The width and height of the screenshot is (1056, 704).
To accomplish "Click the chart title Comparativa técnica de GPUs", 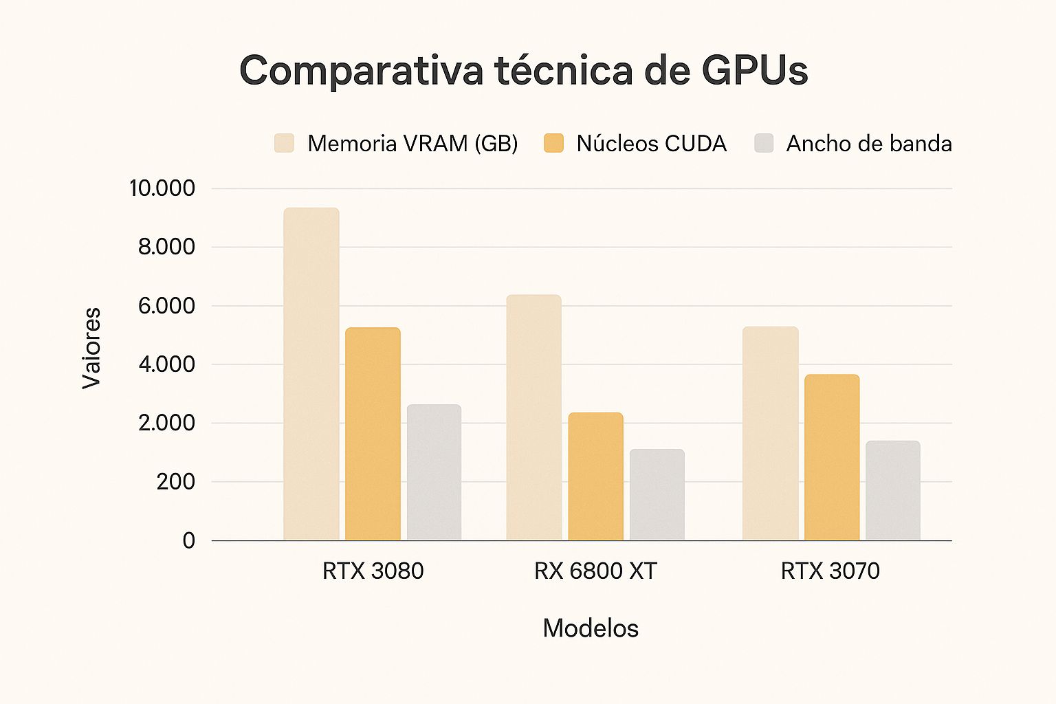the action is tap(524, 70).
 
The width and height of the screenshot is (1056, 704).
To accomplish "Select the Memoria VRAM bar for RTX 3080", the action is tap(311, 374).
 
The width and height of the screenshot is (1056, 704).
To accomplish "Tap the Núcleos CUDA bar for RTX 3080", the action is tap(373, 434).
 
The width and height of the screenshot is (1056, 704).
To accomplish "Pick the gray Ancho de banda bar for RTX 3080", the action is tap(434, 472).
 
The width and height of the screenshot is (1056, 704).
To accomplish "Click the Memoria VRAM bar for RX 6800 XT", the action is tap(534, 417).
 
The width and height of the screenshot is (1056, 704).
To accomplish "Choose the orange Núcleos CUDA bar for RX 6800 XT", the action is tap(596, 476).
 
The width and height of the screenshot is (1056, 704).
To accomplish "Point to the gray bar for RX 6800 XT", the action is tap(657, 494).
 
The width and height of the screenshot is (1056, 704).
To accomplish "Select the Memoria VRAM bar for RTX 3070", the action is tap(770, 433).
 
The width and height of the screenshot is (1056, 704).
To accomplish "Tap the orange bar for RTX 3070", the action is tap(832, 457).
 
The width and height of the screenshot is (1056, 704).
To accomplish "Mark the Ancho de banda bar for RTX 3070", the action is tap(893, 490).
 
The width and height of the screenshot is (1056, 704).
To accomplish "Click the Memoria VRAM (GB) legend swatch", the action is tap(284, 143).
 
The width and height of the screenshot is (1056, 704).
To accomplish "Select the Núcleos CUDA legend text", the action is tap(652, 144).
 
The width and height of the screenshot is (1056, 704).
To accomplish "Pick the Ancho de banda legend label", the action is tap(869, 144).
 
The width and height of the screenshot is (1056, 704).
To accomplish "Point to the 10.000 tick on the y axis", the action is tap(162, 188).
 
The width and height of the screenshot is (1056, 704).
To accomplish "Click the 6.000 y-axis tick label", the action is tap(166, 306).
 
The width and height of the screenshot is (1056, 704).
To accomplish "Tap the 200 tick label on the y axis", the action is tap(175, 482).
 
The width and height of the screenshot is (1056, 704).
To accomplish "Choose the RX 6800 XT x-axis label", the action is tap(595, 571).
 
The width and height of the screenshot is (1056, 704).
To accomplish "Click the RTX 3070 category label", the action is tap(830, 571).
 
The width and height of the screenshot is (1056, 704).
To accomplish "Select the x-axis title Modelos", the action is tap(591, 628).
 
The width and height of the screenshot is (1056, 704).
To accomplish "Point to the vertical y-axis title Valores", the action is tap(91, 349).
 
